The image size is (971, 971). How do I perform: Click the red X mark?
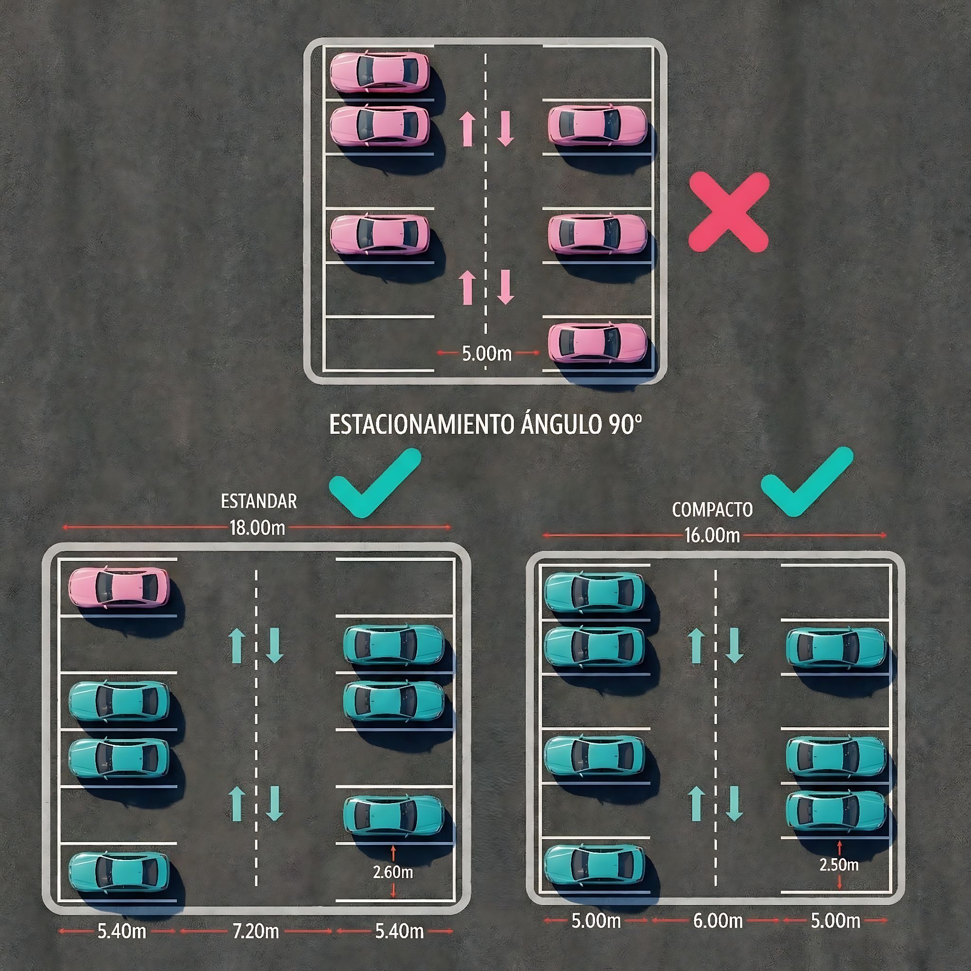(729, 211)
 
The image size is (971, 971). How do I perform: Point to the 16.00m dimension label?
(712, 536)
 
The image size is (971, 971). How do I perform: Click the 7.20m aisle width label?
(256, 931)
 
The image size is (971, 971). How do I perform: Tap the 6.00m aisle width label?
(718, 921)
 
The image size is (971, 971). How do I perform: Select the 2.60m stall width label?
(393, 872)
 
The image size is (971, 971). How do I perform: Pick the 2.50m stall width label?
(839, 865)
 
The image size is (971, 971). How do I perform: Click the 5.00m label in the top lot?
(486, 354)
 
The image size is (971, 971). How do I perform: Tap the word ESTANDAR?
(259, 502)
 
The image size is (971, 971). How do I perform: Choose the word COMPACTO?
(712, 510)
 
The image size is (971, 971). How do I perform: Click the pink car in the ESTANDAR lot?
(119, 587)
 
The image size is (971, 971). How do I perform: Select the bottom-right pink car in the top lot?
(597, 342)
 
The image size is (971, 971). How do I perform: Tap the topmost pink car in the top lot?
(380, 72)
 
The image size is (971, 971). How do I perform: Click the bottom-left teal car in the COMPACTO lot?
(595, 865)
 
